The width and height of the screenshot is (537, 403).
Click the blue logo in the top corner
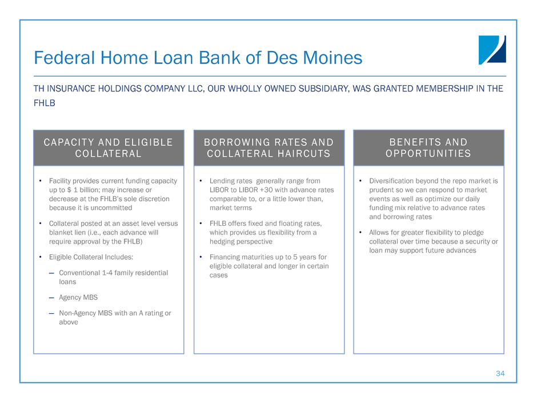click(492, 50)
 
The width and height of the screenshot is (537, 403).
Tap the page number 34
click(500, 373)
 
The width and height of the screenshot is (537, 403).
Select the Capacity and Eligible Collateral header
click(109, 147)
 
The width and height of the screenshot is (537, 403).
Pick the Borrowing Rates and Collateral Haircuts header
click(269, 147)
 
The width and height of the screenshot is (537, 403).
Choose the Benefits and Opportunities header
click(428, 147)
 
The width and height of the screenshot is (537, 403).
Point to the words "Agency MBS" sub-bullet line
click(78, 297)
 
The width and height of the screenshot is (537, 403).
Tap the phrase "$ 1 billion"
click(83, 190)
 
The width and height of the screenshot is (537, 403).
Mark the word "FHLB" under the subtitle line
click(44, 103)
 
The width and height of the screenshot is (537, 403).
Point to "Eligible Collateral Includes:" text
click(91, 257)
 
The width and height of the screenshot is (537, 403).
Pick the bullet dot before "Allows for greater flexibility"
click(360, 232)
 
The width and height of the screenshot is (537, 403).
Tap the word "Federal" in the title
click(65, 58)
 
